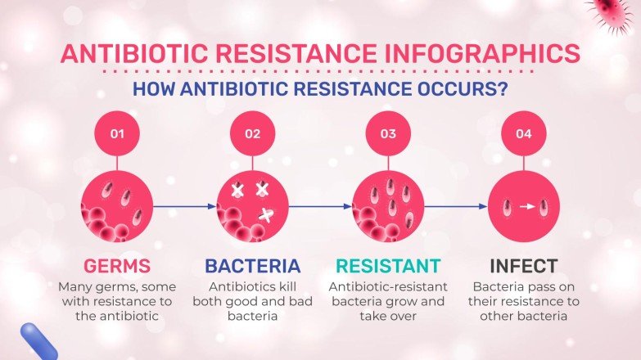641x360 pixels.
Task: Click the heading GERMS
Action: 117,266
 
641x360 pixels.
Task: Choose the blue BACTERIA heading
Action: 252,266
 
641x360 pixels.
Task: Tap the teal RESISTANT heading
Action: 388,266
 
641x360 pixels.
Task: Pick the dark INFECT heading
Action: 523,266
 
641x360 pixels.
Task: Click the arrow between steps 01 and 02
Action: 184,206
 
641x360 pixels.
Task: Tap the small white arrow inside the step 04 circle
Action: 526,206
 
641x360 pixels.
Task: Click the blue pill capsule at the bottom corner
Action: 38,341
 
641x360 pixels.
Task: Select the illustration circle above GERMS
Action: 117,206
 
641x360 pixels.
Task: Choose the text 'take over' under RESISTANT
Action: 387,316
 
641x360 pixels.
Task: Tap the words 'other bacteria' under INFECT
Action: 523,316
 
